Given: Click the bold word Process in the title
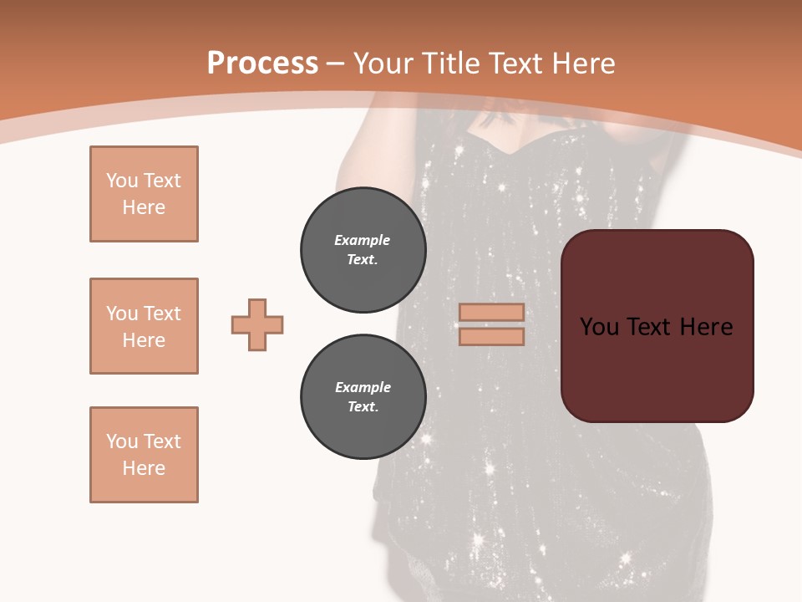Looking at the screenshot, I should pyautogui.click(x=262, y=63).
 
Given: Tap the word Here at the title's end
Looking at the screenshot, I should pyautogui.click(x=582, y=63).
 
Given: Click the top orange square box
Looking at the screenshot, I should pyautogui.click(x=144, y=194).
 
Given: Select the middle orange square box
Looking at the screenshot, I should pyautogui.click(x=144, y=326).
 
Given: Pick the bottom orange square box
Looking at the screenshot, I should pyautogui.click(x=144, y=455).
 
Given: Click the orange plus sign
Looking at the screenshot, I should pyautogui.click(x=257, y=324).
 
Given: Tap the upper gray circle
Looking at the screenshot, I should pyautogui.click(x=363, y=250).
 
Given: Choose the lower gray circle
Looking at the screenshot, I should pyautogui.click(x=363, y=397).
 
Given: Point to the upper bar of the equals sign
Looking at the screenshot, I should pyautogui.click(x=491, y=312).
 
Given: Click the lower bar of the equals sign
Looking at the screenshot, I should pyautogui.click(x=491, y=337).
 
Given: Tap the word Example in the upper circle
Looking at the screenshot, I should pyautogui.click(x=362, y=240).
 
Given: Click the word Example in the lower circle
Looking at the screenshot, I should pyautogui.click(x=363, y=387).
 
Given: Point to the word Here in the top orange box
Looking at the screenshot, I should pyautogui.click(x=144, y=207).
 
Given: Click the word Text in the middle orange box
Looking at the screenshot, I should pyautogui.click(x=162, y=314).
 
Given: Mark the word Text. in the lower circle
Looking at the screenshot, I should pyautogui.click(x=363, y=407).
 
